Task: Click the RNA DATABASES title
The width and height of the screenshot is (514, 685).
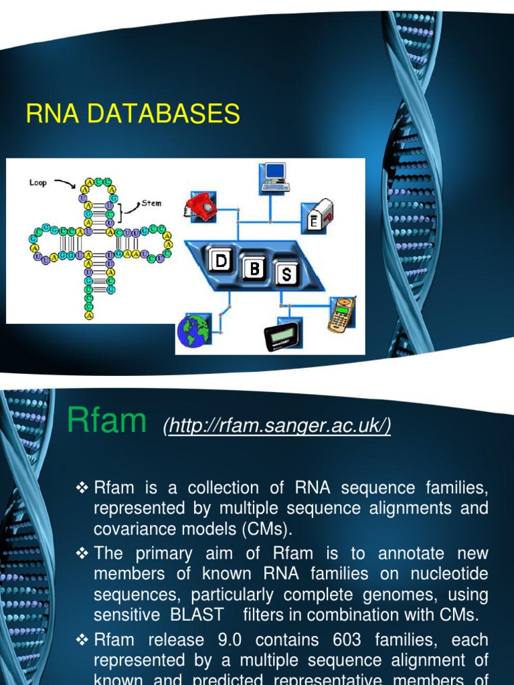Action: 133,114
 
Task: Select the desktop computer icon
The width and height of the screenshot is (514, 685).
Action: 274,177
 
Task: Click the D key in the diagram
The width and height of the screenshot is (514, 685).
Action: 220,261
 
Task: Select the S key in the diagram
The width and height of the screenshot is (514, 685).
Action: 294,274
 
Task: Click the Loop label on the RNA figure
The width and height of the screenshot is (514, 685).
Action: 38,182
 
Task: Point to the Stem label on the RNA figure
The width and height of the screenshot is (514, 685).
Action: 151,203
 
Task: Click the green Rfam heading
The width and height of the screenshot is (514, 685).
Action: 107,421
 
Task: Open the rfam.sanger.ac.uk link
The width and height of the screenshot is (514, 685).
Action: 277,425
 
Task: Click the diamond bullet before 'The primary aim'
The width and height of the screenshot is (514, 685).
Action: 83,554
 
